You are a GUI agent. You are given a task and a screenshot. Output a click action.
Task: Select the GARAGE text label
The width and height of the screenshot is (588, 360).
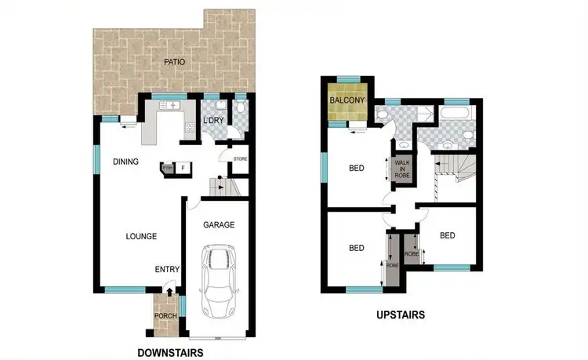tap(219, 225)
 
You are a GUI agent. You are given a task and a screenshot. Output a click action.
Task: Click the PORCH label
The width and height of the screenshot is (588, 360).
tap(165, 316)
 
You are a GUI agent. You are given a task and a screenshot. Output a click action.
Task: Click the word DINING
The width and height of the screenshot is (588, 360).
tap(125, 162)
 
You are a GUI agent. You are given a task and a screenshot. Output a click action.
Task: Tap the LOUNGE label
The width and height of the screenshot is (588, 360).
tap(142, 235)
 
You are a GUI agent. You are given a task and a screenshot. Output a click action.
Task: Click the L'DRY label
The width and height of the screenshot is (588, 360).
tap(212, 121)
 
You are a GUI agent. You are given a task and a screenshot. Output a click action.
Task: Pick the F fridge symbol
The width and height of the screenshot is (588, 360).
tap(183, 168)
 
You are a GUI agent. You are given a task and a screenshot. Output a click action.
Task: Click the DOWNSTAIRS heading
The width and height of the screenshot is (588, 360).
tap(170, 352)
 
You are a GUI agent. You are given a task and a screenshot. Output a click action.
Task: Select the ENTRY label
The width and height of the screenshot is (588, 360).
tap(167, 270)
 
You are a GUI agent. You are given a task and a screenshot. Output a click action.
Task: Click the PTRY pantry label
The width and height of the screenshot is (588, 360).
tap(167, 167)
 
